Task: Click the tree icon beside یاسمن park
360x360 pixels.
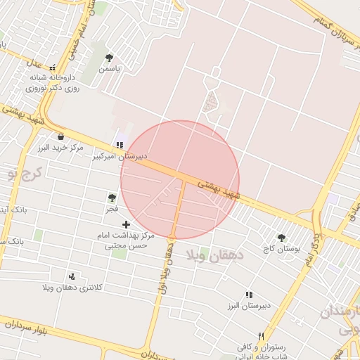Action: (x=109, y=58)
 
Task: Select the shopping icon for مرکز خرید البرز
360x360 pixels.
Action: (x=60, y=136)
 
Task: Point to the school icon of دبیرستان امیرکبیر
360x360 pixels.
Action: (x=120, y=145)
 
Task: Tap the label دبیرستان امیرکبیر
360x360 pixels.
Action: (x=120, y=157)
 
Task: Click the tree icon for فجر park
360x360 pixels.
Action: (x=112, y=198)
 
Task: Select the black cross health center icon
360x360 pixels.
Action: (x=126, y=224)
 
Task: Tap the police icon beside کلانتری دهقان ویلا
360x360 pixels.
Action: (x=72, y=276)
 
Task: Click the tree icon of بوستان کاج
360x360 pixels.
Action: (x=282, y=238)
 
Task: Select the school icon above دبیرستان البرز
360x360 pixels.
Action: (x=248, y=295)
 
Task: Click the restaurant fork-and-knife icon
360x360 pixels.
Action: (x=262, y=336)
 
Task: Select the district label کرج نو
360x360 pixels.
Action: (x=21, y=174)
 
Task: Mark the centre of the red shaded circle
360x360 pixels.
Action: (x=180, y=180)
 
